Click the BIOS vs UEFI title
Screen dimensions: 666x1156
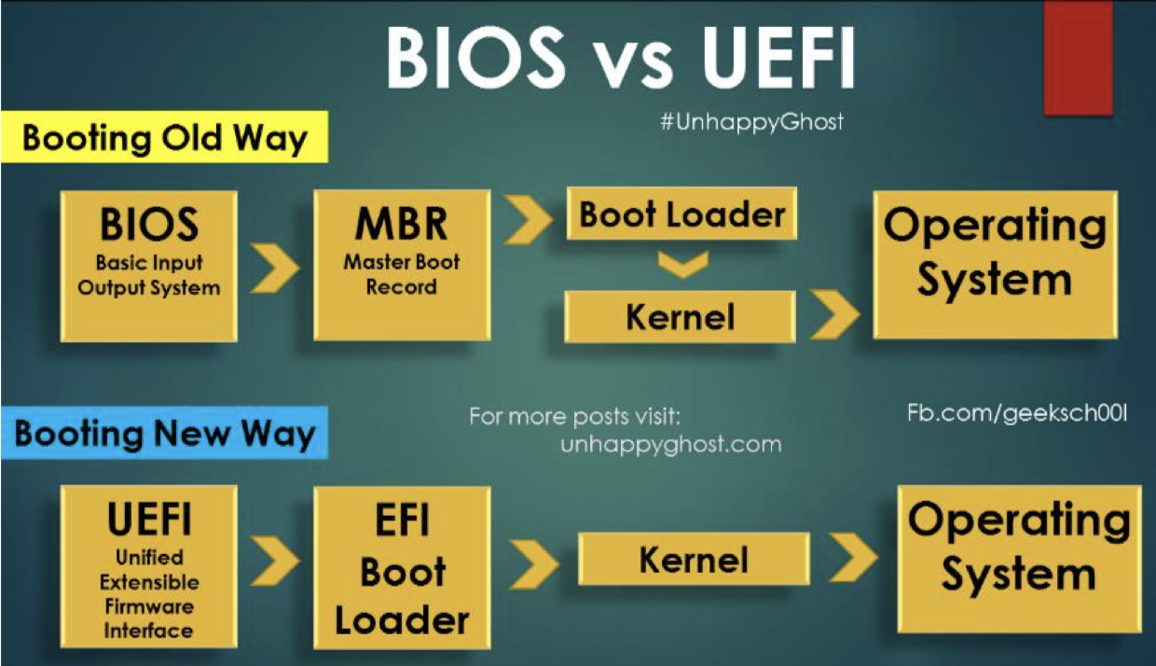pos(620,58)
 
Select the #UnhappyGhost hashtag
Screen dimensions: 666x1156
pos(751,121)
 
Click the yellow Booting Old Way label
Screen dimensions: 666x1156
pos(165,137)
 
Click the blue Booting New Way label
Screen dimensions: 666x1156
pos(165,434)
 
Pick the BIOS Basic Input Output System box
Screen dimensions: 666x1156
pos(149,266)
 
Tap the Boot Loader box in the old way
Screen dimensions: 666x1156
pos(682,215)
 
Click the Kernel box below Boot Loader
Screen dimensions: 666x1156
pos(681,317)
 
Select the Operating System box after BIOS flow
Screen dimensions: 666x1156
pos(995,265)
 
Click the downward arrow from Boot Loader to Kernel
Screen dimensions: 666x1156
pos(681,266)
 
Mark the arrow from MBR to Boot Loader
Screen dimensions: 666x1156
pos(528,218)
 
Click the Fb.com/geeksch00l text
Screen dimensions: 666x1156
pos(1017,412)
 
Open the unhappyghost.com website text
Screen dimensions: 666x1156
pos(671,444)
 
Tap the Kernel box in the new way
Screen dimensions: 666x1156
pos(694,560)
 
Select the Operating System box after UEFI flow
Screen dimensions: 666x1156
pos(1019,559)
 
